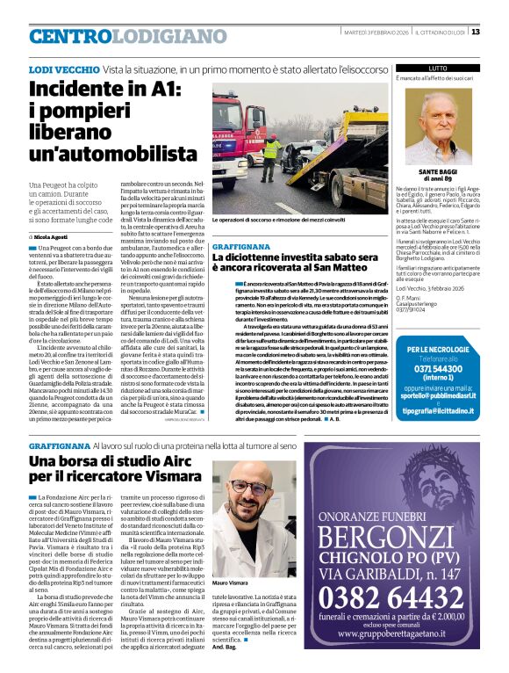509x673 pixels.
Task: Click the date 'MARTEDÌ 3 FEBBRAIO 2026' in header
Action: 374,32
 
